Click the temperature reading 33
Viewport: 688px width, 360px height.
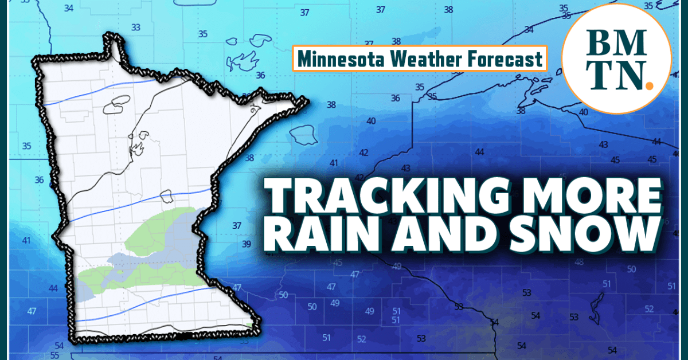tap(136, 28)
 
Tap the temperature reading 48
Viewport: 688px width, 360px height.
tap(579, 262)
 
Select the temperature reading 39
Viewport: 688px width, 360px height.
tap(247, 244)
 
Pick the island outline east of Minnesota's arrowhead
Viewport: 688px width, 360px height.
tap(303, 134)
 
